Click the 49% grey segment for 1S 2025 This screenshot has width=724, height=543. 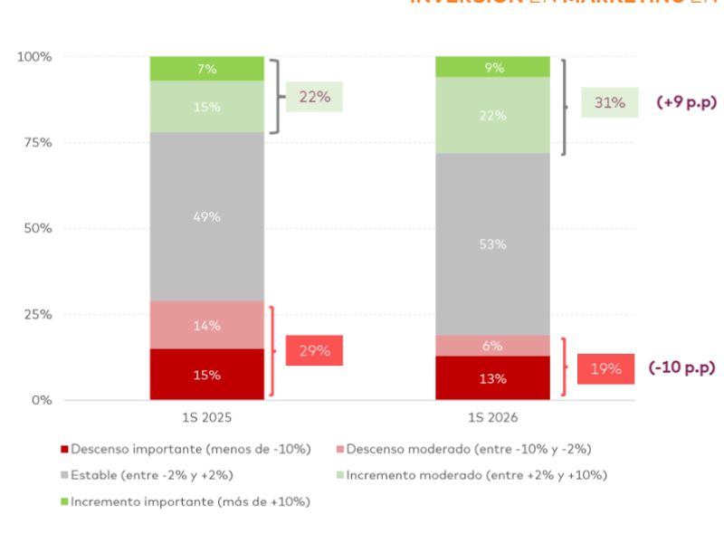[206, 217]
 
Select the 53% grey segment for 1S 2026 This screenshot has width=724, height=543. [492, 244]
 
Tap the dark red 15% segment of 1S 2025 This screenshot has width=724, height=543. [206, 375]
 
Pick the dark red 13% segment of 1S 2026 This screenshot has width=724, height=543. [492, 378]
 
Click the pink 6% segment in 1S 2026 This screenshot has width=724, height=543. [492, 346]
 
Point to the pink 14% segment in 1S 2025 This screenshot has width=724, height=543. [206, 326]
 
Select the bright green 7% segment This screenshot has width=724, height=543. [206, 69]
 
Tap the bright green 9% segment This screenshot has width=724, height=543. [492, 67]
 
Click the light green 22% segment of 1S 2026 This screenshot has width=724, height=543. [492, 116]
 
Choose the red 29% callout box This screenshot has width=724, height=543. [314, 350]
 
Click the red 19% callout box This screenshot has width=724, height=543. [606, 368]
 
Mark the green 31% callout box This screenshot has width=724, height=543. [609, 102]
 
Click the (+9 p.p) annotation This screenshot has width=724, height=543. [685, 102]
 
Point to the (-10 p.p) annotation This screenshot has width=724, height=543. [681, 368]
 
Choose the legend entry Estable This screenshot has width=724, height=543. [141, 475]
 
